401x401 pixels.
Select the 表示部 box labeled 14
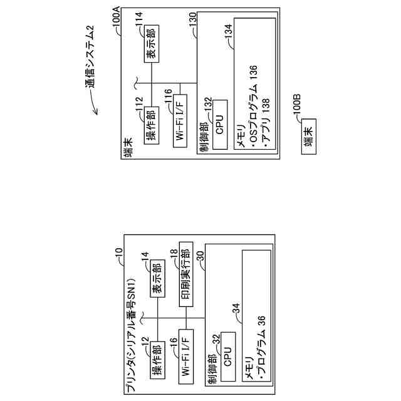click(x=157, y=284)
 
